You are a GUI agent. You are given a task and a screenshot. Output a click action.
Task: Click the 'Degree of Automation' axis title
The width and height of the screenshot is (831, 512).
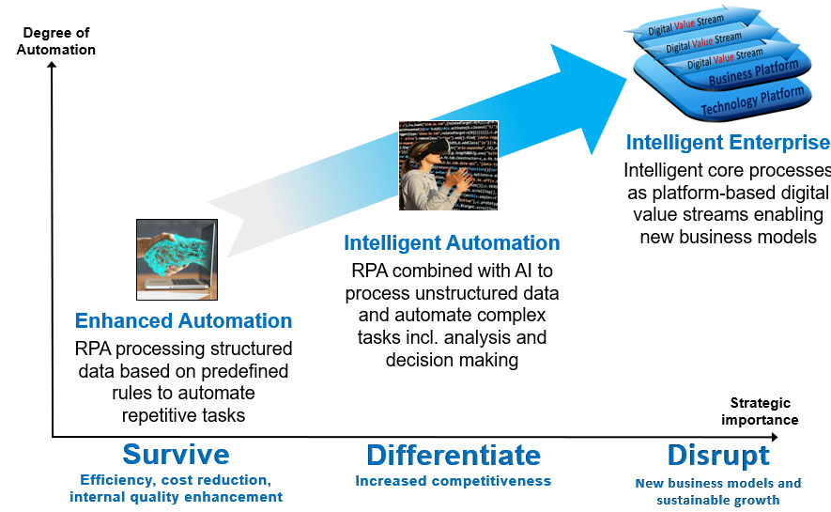coord(56,41)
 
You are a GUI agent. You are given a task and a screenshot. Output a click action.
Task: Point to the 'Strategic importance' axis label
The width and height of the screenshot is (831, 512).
coord(760,411)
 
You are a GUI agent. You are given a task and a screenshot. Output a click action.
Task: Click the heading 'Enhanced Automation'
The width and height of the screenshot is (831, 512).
coord(183,321)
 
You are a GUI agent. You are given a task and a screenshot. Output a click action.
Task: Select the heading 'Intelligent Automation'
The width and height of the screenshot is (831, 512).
coord(452,243)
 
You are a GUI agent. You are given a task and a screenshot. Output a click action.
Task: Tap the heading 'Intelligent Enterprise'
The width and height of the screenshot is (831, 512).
coord(728,143)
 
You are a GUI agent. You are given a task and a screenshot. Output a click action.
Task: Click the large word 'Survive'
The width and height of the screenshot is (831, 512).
coord(176,455)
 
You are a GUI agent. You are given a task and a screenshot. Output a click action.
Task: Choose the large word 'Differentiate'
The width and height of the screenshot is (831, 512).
coord(454,456)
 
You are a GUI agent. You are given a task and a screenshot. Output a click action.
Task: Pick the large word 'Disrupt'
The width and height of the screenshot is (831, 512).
coord(718,456)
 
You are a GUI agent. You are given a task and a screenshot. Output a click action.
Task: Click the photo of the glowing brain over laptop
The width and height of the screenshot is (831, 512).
coord(176,259)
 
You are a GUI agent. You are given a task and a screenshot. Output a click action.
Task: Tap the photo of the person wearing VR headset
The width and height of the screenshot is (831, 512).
coord(448,165)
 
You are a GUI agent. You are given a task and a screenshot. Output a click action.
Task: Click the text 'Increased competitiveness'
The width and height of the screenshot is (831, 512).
coord(453,481)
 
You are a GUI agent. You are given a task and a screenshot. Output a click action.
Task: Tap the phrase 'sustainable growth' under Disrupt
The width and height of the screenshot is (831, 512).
coord(718,500)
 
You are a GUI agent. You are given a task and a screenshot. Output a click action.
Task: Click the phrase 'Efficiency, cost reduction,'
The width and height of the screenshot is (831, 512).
coord(176,480)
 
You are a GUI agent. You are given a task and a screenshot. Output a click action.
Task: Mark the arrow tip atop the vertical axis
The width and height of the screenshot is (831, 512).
coord(52,67)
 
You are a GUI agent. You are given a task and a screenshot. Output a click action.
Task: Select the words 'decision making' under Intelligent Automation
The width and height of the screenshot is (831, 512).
coord(452,359)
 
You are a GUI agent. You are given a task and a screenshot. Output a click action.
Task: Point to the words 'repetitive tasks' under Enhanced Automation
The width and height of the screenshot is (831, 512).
coord(183,414)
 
